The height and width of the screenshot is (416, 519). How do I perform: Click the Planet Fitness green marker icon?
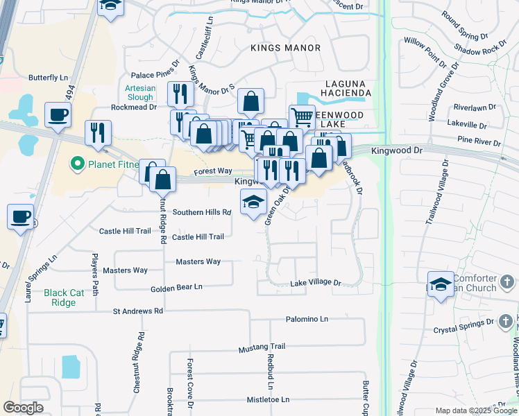pyautogui.click(x=76, y=164)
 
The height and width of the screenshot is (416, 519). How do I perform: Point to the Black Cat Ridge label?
pyautogui.click(x=64, y=297)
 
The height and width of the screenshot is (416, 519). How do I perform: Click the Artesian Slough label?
pyautogui.click(x=139, y=93)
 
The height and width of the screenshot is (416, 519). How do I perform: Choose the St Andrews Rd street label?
pyautogui.click(x=137, y=312)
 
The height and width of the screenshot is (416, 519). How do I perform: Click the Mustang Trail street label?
pyautogui.click(x=262, y=347)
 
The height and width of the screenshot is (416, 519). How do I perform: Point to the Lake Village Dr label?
pyautogui.click(x=316, y=283)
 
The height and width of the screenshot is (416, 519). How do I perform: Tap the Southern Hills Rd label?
pyautogui.click(x=201, y=212)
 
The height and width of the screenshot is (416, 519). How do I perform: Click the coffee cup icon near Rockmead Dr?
pyautogui.click(x=58, y=114)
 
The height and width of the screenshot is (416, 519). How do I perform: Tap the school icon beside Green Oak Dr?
pyautogui.click(x=253, y=202)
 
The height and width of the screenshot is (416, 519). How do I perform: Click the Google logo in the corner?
pyautogui.click(x=23, y=408)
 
